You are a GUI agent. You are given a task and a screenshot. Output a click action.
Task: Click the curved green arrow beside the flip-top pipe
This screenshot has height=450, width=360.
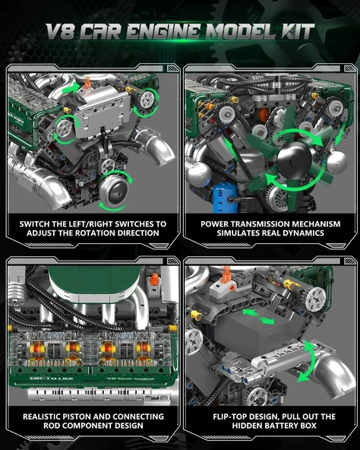pyautogui.click(x=307, y=360)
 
